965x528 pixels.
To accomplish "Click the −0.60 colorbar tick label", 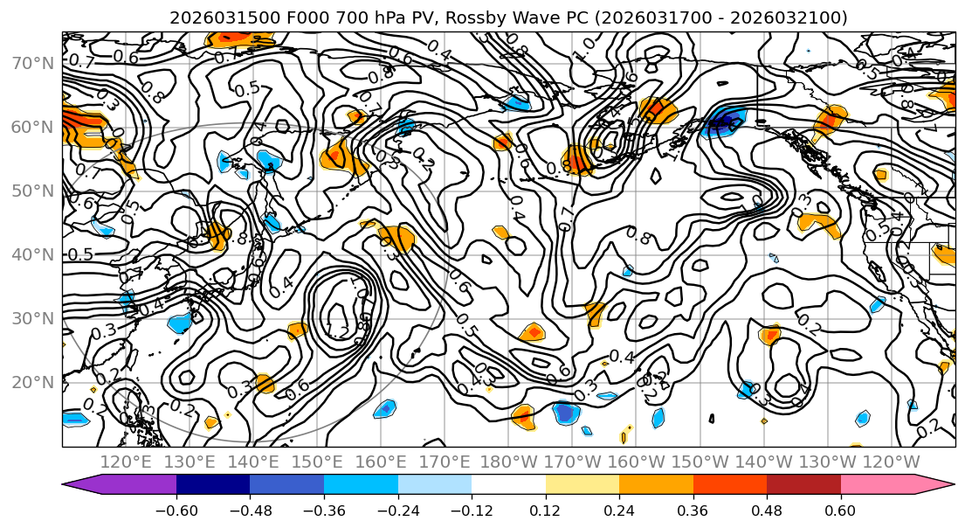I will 176,509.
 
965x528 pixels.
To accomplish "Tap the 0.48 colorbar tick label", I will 767,509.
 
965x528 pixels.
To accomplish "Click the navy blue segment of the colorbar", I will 213,486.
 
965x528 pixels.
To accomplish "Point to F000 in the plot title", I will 275,17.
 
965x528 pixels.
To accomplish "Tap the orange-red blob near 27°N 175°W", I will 532,333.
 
